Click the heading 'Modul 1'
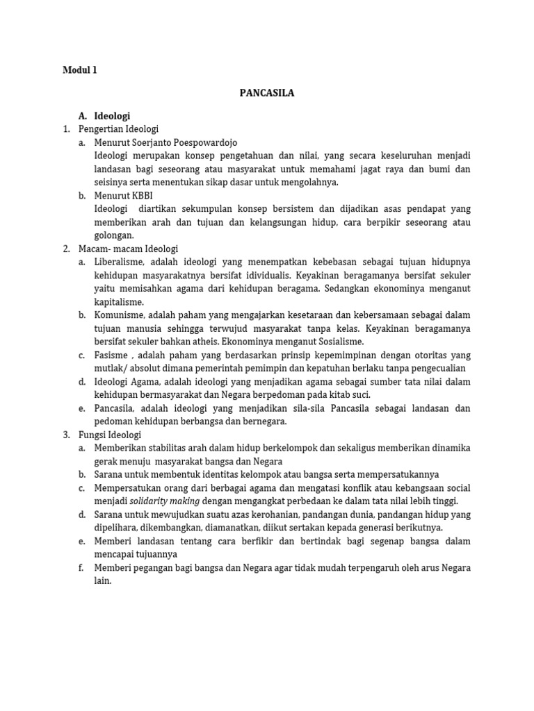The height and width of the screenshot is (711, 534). click(x=80, y=69)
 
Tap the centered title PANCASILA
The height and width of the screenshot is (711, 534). click(x=267, y=92)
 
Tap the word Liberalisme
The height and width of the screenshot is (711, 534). click(x=119, y=262)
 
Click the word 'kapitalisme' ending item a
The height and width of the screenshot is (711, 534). click(x=119, y=302)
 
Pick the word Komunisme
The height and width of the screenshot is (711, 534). click(x=120, y=315)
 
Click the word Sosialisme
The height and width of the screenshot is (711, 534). click(x=336, y=342)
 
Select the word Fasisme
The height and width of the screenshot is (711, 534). click(x=111, y=355)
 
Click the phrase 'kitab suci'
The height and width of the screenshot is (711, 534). click(x=349, y=394)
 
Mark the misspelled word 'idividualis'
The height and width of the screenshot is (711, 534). click(x=265, y=276)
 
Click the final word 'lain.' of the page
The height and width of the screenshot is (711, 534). click(x=103, y=581)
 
